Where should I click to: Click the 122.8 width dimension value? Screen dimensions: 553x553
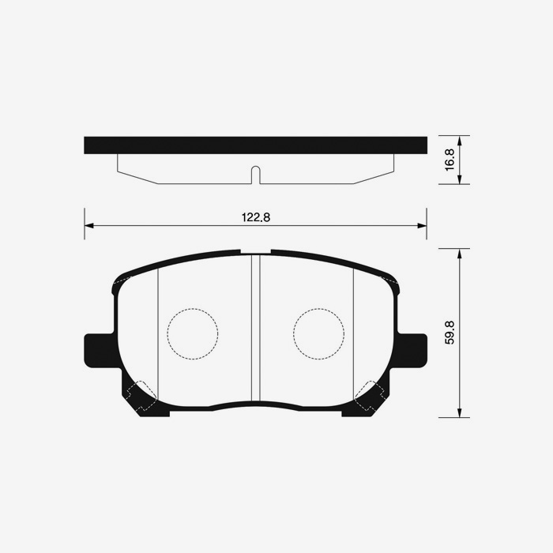[255, 217]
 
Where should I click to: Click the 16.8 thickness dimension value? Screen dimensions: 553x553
[450, 160]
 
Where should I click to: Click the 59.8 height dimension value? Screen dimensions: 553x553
[450, 333]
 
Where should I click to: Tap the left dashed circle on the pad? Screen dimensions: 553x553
[193, 333]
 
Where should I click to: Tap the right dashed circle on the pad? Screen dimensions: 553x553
[318, 333]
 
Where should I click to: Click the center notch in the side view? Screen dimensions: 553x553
[255, 175]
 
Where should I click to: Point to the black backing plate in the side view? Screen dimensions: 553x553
[255, 145]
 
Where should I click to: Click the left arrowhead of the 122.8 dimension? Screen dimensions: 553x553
[89, 226]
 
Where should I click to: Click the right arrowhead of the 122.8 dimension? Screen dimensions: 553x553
[422, 226]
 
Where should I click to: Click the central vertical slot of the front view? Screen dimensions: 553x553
[255, 328]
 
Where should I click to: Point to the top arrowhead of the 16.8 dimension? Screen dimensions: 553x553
[460, 140]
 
